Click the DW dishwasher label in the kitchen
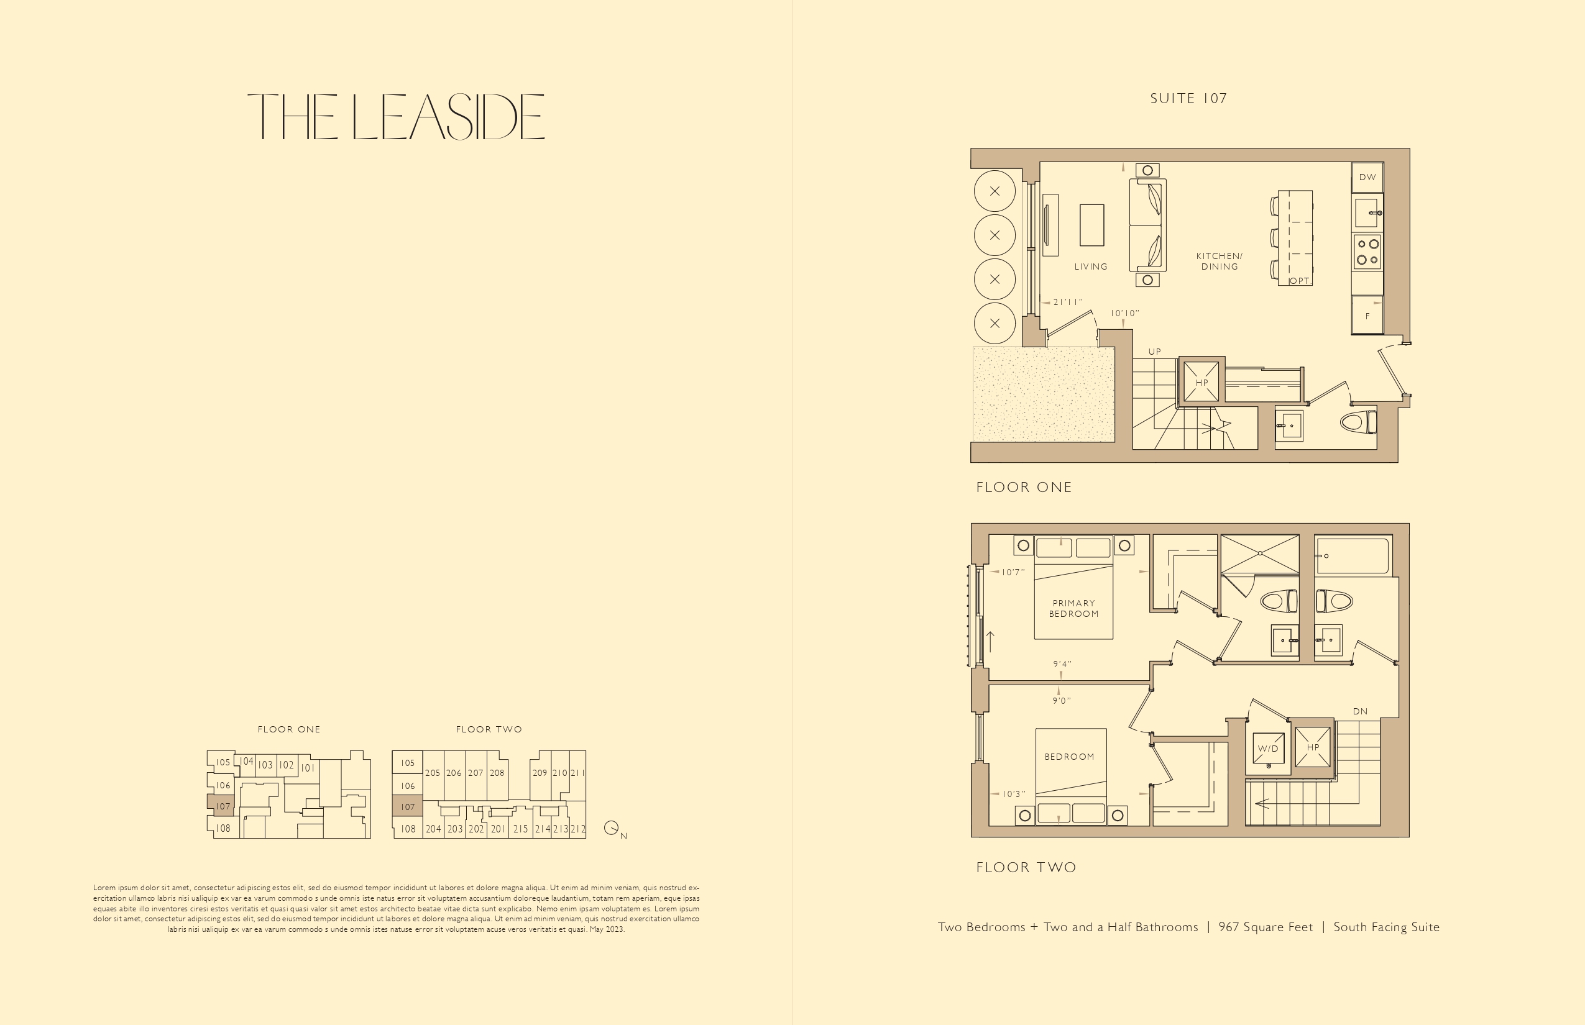coord(1367,177)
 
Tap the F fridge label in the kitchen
coord(1368,316)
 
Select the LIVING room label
coord(1091,267)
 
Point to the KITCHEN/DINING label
coord(1220,262)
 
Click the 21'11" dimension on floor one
coord(1068,302)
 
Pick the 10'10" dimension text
coord(1125,313)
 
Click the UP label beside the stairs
coord(1155,352)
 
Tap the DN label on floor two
coord(1361,711)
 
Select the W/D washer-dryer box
coord(1268,749)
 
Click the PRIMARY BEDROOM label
coord(1074,608)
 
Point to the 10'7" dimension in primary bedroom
coord(1013,572)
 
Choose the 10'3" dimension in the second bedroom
coord(1014,794)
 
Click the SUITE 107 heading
coord(1188,99)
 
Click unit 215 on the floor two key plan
coord(521,829)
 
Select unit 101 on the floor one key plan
coord(307,768)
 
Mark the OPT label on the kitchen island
coord(1300,281)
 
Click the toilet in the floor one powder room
coord(1359,422)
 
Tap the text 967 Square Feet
coord(1266,927)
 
